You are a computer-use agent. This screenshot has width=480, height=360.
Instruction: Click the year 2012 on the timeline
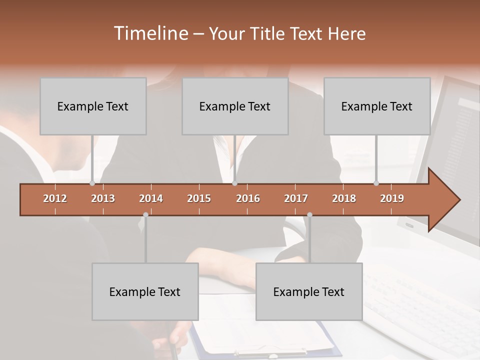point(55,198)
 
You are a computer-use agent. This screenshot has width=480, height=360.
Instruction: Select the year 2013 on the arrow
point(103,198)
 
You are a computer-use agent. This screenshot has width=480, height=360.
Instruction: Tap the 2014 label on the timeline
point(151,198)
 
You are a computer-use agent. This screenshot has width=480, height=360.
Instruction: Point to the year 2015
point(199,198)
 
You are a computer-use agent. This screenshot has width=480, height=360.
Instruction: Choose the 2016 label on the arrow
point(248,198)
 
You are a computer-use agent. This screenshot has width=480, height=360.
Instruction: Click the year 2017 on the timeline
point(296,198)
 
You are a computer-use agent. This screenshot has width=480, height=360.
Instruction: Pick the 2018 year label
point(344,198)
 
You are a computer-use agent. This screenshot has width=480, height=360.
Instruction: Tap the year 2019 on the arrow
point(392,198)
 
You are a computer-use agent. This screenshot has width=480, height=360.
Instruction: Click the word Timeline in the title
point(150,33)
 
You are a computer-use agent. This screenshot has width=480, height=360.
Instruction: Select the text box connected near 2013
point(93,106)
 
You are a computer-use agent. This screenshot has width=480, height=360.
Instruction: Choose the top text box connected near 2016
point(235,106)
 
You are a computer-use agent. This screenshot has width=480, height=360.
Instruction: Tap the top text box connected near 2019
point(377,106)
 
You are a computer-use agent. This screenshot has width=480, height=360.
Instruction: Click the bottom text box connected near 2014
point(145,291)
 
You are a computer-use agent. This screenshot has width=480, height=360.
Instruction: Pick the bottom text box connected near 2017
point(309,291)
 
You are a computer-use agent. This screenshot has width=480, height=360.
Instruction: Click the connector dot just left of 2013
point(92,183)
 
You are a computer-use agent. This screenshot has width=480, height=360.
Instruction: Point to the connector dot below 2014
point(145,215)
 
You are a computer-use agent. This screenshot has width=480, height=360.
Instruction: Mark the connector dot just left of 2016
point(235,183)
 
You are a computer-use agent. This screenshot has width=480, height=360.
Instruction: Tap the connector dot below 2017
point(309,215)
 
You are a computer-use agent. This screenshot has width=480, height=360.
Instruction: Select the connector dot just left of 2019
point(376,183)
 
